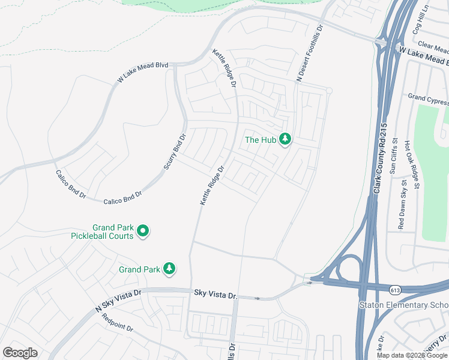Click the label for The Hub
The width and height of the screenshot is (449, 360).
point(261,140)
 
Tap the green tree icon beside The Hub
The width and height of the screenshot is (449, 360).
point(285,139)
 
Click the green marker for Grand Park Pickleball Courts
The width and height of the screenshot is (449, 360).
point(143,231)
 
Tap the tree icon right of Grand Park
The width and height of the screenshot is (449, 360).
point(170,268)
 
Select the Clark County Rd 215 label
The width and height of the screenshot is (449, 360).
point(379,160)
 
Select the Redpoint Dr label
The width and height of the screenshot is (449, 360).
point(118,323)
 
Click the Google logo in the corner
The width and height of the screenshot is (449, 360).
point(20,353)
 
